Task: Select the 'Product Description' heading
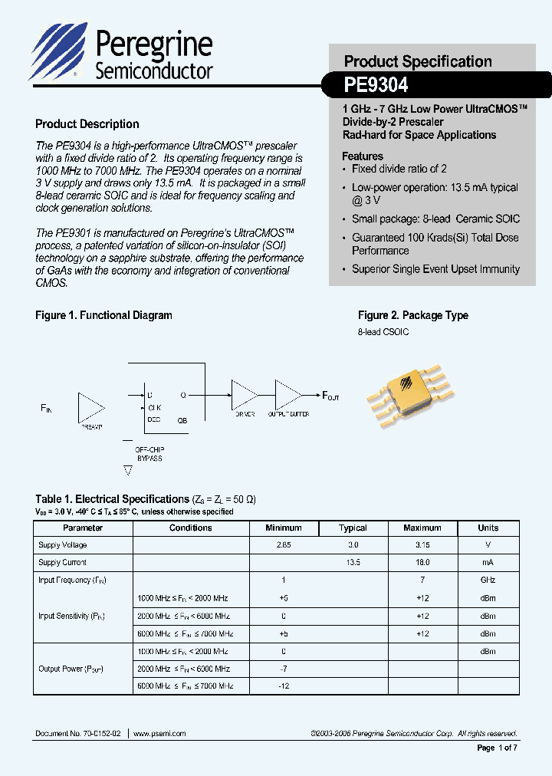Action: pyautogui.click(x=87, y=124)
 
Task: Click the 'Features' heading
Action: pyautogui.click(x=363, y=156)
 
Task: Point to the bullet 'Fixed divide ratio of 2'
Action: pyautogui.click(x=399, y=169)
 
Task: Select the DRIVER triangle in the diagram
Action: pyautogui.click(x=245, y=396)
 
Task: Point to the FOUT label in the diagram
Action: pyautogui.click(x=330, y=396)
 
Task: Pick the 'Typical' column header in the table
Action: pyautogui.click(x=353, y=528)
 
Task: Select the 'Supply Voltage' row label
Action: pyautogui.click(x=63, y=545)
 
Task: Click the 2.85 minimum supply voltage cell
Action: pyautogui.click(x=283, y=545)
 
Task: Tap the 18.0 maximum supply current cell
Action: pyautogui.click(x=422, y=563)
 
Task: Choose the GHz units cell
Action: pyautogui.click(x=488, y=580)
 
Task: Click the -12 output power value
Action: pyautogui.click(x=283, y=686)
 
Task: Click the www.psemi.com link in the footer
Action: pyautogui.click(x=159, y=734)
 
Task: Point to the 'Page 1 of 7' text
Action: pyautogui.click(x=498, y=748)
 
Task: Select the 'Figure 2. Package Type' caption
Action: pyautogui.click(x=412, y=316)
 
